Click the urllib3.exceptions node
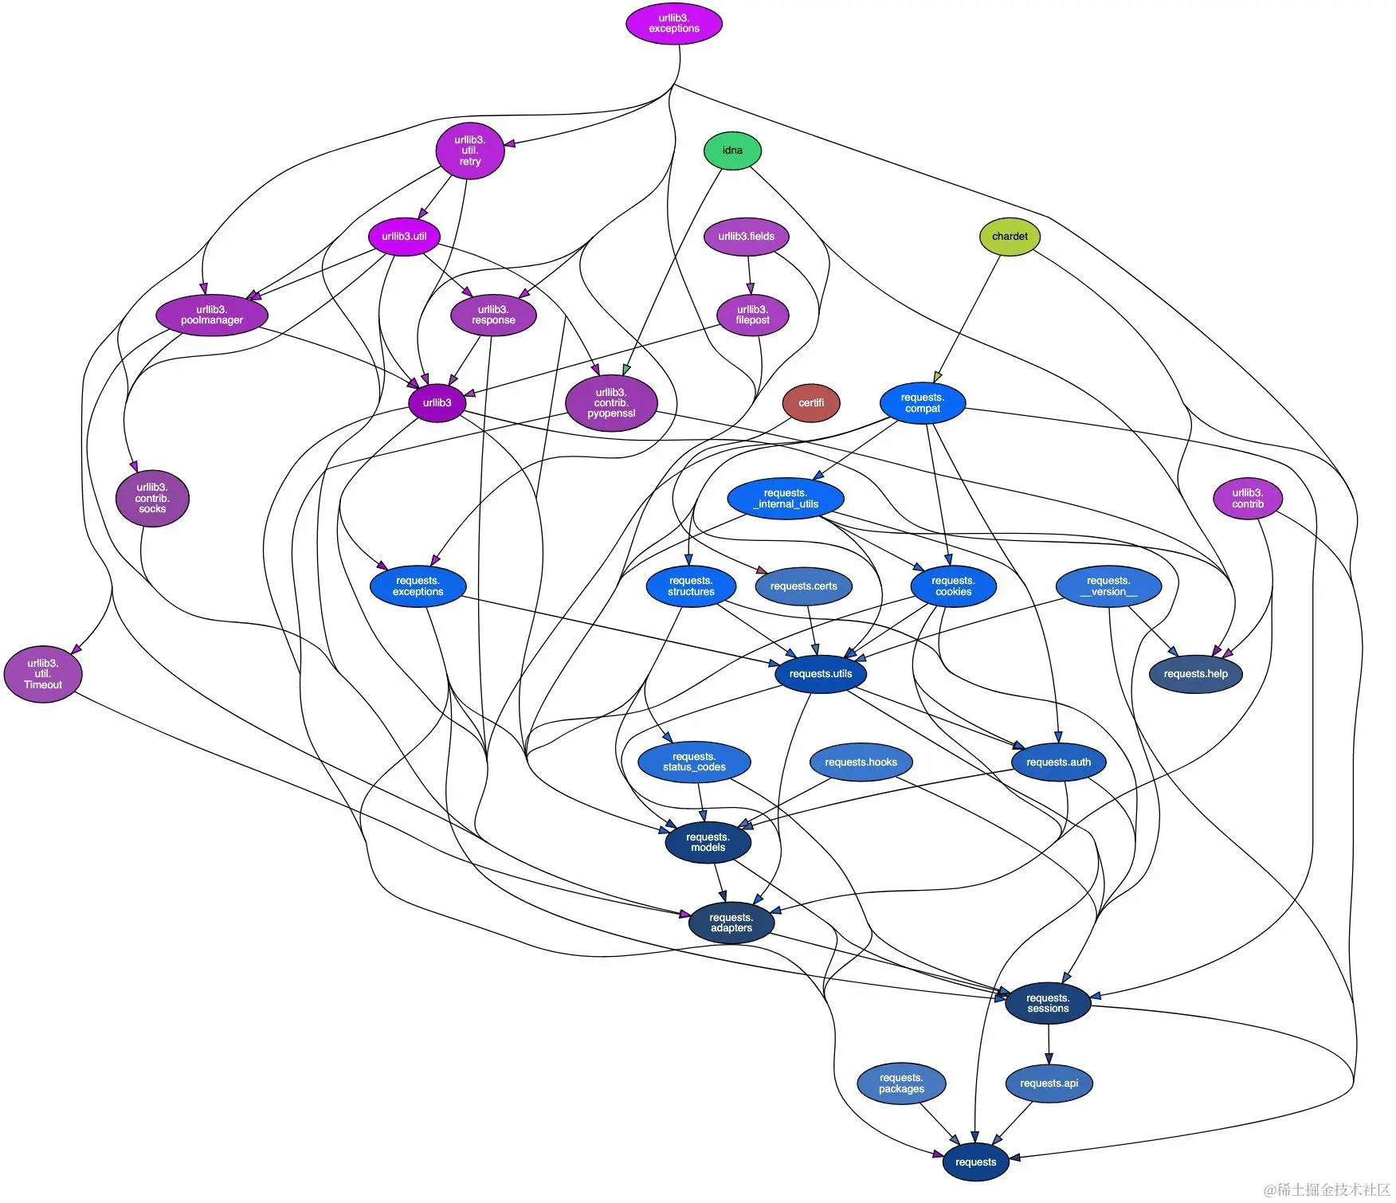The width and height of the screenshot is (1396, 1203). [673, 23]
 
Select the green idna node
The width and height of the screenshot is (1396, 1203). [732, 151]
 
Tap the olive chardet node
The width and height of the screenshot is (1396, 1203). [1009, 237]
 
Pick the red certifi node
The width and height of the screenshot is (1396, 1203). [810, 403]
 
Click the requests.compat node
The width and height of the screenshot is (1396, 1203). [922, 403]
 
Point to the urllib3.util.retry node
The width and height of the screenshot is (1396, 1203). [469, 151]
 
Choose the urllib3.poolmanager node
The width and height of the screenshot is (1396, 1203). [211, 315]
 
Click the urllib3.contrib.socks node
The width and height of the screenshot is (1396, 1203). [151, 499]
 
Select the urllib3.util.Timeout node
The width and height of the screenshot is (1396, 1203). [43, 674]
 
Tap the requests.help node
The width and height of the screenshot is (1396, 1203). [1194, 674]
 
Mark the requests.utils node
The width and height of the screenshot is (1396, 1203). [820, 674]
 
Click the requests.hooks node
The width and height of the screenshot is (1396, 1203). [860, 762]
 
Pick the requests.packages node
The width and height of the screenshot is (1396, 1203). [900, 1083]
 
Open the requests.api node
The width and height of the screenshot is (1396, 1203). [1048, 1083]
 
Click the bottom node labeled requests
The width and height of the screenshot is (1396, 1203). [974, 1162]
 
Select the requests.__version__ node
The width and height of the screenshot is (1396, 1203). [1108, 586]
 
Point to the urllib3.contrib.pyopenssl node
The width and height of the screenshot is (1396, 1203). [610, 403]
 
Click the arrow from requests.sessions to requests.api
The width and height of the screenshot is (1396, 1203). [1048, 1044]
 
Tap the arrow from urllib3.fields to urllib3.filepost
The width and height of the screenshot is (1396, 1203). [749, 276]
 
